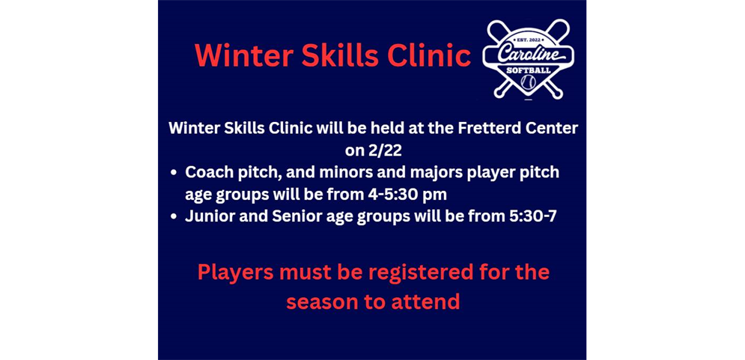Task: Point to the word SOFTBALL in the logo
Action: [x=529, y=70]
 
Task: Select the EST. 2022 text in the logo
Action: [x=529, y=40]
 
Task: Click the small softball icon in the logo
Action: [x=529, y=81]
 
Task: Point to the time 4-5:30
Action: [x=395, y=195]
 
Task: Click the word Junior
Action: [x=210, y=217]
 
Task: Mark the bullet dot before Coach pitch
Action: [x=174, y=173]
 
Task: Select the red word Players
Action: [x=235, y=272]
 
